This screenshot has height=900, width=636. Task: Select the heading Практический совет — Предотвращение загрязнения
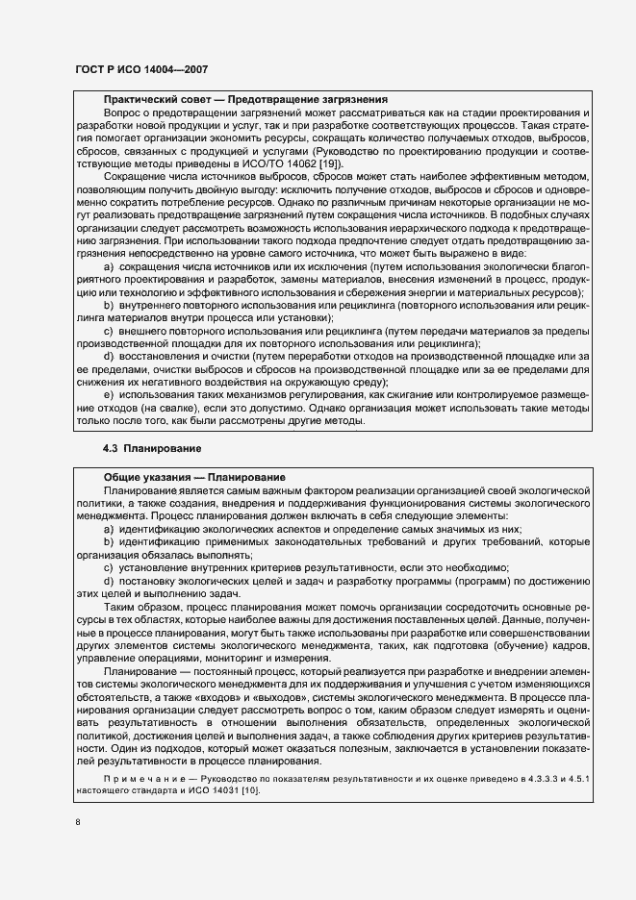(x=245, y=99)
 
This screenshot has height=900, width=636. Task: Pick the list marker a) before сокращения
(x=109, y=265)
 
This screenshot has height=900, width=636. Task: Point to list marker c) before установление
(x=109, y=567)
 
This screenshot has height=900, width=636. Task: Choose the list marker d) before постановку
(x=109, y=581)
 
